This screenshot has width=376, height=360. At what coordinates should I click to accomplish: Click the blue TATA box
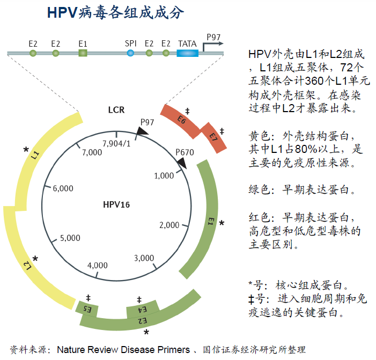click(x=187, y=53)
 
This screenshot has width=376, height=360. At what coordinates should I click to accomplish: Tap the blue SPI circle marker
click(x=130, y=53)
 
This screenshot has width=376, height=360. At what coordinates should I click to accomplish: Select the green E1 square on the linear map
click(x=83, y=53)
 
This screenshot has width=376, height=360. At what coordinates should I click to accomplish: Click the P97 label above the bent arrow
click(x=213, y=36)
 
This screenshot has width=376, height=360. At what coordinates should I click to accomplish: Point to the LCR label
click(x=116, y=110)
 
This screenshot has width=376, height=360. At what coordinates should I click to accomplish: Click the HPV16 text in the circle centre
click(x=116, y=204)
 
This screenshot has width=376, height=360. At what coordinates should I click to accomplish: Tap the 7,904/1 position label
click(x=116, y=143)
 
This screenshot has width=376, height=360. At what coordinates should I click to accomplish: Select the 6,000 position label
click(x=63, y=188)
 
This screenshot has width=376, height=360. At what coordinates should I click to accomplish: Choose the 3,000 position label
click(x=144, y=258)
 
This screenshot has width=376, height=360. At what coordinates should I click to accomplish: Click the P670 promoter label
click(x=185, y=152)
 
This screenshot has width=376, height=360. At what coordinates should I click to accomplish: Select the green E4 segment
click(x=142, y=310)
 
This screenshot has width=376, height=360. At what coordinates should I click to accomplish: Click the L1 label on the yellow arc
click(x=35, y=156)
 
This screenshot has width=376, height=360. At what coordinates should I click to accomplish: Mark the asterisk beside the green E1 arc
click(x=222, y=222)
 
